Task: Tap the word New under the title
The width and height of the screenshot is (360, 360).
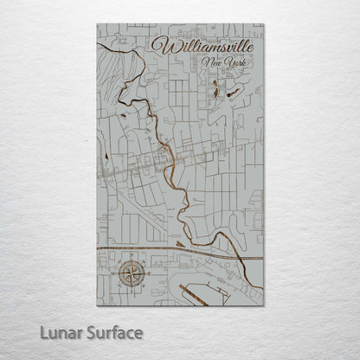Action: click(x=209, y=63)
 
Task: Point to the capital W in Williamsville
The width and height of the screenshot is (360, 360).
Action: click(x=160, y=44)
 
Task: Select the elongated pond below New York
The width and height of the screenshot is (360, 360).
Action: click(x=212, y=89)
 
